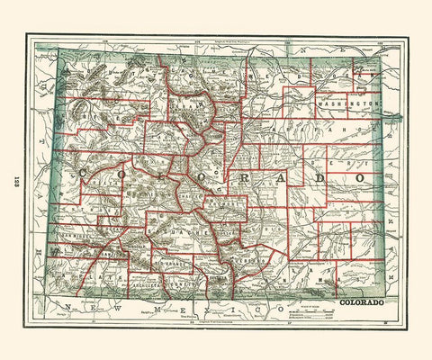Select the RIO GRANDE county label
(173, 264)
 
